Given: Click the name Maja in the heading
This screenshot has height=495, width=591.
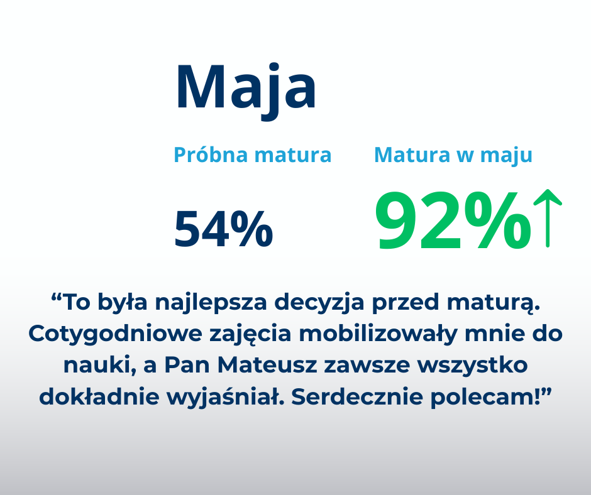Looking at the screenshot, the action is point(246,90).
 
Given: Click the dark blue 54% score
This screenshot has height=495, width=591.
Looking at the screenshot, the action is point(223,229).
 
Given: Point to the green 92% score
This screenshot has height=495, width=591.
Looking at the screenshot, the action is point(453,220).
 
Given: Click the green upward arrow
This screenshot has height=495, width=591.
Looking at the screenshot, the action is point(548,219).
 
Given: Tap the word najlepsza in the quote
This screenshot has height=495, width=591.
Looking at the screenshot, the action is point(211,303).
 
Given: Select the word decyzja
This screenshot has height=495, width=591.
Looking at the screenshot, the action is point(319,303).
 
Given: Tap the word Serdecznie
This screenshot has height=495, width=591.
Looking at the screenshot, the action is point(357,396).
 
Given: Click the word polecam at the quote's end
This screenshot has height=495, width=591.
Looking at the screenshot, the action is point(482,397).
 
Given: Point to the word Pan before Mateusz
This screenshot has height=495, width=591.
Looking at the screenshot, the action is point(187,365).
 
